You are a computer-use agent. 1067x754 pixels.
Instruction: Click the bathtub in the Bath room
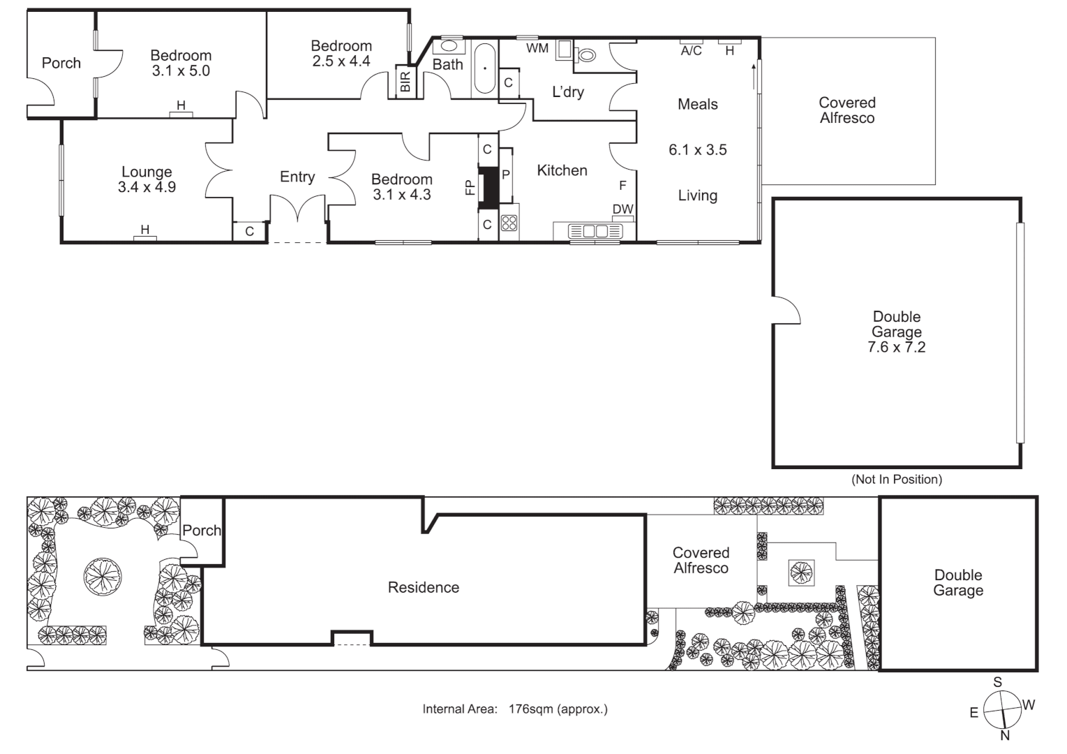click(x=484, y=68)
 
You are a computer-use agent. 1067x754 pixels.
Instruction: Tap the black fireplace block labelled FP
click(x=491, y=187)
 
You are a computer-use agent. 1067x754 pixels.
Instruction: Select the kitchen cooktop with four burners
click(x=509, y=223)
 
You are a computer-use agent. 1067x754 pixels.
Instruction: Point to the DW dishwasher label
click(x=622, y=209)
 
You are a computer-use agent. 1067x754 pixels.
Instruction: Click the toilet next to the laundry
click(x=587, y=54)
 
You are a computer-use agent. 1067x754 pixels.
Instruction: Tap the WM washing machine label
click(x=537, y=48)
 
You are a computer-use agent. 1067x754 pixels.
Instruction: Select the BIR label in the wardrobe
click(x=405, y=82)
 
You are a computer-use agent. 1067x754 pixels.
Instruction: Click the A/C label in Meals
click(x=691, y=50)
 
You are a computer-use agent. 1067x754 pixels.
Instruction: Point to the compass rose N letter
click(x=1005, y=735)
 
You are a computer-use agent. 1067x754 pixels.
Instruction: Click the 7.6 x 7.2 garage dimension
click(x=896, y=347)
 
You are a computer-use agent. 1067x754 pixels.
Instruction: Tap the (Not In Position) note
click(x=896, y=479)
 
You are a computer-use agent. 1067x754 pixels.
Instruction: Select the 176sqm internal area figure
click(x=530, y=709)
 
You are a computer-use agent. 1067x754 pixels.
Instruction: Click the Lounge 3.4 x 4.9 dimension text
click(x=147, y=187)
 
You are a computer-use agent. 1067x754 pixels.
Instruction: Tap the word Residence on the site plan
click(x=423, y=588)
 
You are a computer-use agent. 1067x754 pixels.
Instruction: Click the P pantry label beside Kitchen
click(x=506, y=175)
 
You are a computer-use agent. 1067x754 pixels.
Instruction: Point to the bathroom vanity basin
click(x=447, y=46)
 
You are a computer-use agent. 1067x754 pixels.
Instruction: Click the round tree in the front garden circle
click(x=103, y=577)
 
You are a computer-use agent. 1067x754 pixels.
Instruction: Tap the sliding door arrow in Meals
click(x=754, y=76)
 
